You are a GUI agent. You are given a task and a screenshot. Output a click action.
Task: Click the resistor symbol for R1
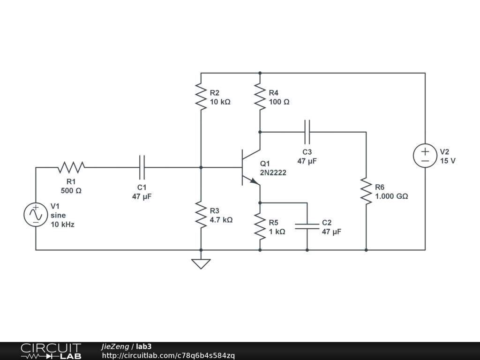tap(71, 167)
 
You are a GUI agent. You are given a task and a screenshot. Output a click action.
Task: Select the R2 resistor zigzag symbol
tap(201, 97)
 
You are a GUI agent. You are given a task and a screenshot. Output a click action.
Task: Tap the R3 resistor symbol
tap(201, 215)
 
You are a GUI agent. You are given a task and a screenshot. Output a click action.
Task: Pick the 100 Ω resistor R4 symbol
tap(260, 97)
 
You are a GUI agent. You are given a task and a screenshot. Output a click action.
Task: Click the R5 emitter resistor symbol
tap(260, 226)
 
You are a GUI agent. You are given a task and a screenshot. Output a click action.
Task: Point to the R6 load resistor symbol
tap(366, 191)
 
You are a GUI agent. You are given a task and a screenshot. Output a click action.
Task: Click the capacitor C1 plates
tap(142, 167)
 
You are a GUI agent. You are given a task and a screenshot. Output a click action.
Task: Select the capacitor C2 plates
tap(307, 226)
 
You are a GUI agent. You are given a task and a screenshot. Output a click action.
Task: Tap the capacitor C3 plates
tap(307, 132)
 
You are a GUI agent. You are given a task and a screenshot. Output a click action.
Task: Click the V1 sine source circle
tap(36, 215)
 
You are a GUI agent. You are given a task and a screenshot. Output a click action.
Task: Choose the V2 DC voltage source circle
tap(425, 156)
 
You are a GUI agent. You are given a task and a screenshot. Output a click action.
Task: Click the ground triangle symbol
tap(201, 264)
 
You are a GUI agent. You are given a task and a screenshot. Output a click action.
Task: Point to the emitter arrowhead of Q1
tap(255, 181)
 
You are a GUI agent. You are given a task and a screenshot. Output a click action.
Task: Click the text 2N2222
tap(273, 172)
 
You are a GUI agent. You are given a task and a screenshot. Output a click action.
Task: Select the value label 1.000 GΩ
tap(391, 196)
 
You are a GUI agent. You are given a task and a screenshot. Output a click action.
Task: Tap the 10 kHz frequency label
tap(62, 225)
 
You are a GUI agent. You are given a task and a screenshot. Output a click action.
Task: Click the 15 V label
tap(448, 161)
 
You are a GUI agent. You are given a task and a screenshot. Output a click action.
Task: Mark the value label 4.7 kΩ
tap(221, 220)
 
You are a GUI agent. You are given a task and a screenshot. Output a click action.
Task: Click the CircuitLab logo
tap(51, 351)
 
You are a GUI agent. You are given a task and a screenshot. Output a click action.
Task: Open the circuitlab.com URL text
tap(168, 356)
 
